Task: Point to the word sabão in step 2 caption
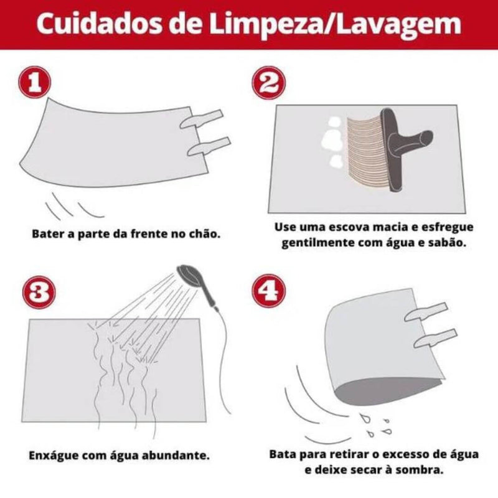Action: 446,242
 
